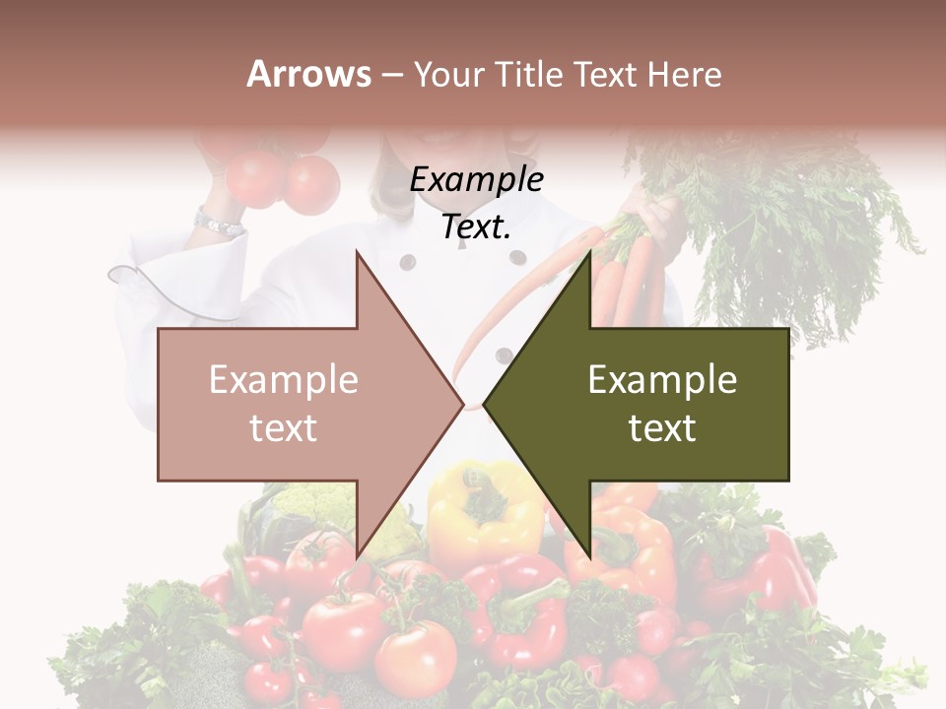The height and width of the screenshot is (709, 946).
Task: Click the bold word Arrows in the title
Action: pos(309,74)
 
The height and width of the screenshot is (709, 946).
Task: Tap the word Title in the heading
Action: pos(530,74)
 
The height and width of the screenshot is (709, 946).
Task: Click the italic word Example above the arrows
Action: pos(477,180)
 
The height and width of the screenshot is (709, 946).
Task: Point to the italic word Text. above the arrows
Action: pos(477,226)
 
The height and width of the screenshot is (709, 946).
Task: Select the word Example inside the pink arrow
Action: pos(284,380)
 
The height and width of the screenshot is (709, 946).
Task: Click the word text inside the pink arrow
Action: pos(284,428)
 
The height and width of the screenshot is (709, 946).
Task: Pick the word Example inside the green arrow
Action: pos(662,380)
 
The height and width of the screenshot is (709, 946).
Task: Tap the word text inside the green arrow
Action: pos(662,428)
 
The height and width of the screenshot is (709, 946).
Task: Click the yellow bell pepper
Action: pos(483,512)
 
